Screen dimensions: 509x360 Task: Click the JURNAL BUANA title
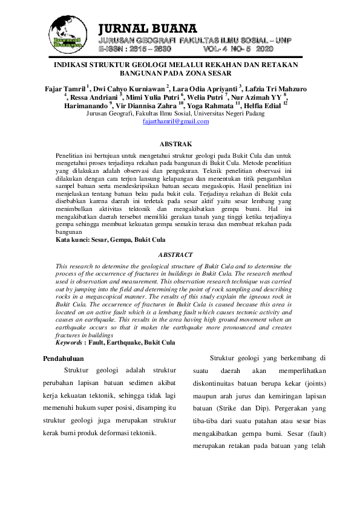click(148, 28)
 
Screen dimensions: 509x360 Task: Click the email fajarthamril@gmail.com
click(175, 122)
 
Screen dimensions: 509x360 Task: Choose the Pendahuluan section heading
click(64, 359)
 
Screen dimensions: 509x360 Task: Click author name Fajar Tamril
click(65, 88)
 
